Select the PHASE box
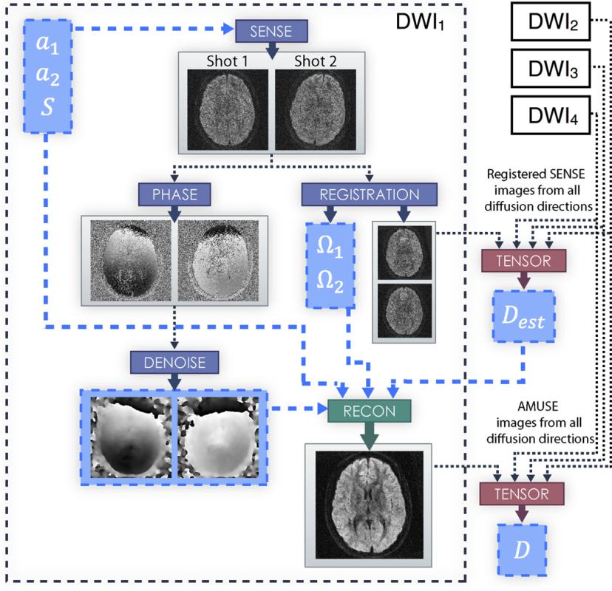pos(173,194)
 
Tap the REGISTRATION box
pos(369,194)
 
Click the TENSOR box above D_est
pos(523,260)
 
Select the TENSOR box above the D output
pos(523,492)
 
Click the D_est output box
pos(523,319)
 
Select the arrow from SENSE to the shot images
pos(271,48)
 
